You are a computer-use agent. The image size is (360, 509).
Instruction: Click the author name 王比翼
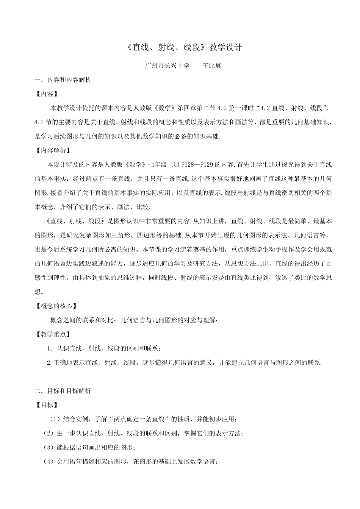(212, 66)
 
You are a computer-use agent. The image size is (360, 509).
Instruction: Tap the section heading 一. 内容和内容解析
(63, 80)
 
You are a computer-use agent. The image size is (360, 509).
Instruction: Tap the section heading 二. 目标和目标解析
(63, 391)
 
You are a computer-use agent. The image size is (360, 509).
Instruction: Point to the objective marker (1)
(55, 419)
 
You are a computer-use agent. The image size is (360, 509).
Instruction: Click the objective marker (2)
(49, 433)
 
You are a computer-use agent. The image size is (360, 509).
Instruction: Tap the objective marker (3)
(49, 447)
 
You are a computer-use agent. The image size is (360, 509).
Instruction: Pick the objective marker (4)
(49, 462)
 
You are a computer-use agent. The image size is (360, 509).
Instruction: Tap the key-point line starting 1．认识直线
(106, 348)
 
